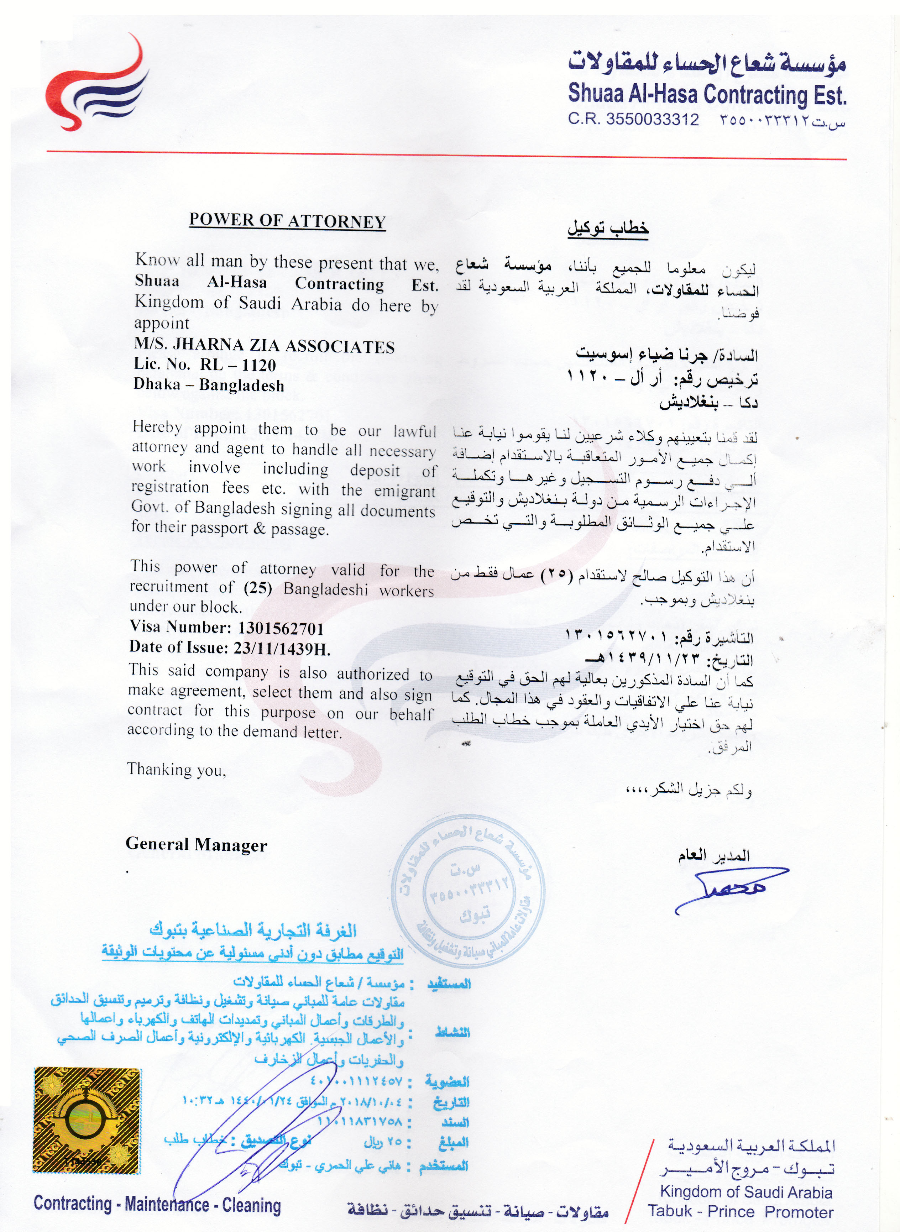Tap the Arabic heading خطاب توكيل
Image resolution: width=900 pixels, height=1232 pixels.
click(x=608, y=229)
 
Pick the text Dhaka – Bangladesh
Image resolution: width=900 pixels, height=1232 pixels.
click(x=209, y=385)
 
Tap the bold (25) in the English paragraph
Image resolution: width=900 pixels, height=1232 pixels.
click(x=258, y=589)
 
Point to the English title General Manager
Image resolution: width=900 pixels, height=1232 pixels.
click(x=196, y=845)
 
